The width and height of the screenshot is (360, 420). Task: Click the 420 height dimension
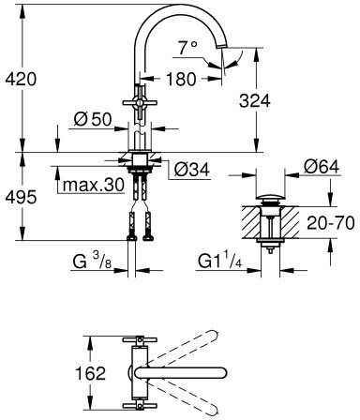[x=21, y=79]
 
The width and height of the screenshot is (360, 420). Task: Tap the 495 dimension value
[x=21, y=197]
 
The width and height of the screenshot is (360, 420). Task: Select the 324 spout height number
[x=254, y=101]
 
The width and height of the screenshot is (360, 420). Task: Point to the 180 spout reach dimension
[x=181, y=79]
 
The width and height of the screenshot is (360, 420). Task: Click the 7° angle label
[x=188, y=48]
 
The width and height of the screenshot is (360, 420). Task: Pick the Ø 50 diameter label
[x=93, y=119]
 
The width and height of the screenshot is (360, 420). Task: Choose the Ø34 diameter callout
[x=192, y=170]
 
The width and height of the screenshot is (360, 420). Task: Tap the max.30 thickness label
[x=94, y=186]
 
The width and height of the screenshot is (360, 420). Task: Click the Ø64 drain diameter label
[x=322, y=167]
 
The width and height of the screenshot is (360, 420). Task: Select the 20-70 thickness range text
[x=331, y=223]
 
